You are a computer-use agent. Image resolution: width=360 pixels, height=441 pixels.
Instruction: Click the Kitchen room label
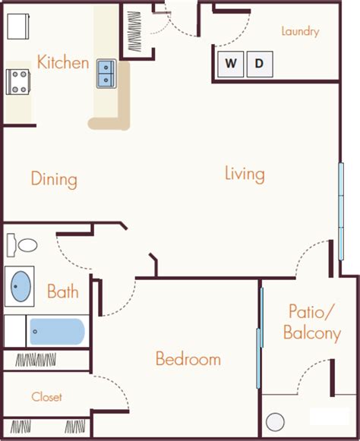(63, 62)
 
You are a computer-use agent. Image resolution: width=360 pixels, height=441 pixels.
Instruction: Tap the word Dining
(54, 179)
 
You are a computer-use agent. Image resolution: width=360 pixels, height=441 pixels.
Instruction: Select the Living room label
(245, 175)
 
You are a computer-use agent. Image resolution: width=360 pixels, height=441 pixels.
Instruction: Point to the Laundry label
(300, 32)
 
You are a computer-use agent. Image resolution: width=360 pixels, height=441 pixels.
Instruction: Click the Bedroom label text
(188, 359)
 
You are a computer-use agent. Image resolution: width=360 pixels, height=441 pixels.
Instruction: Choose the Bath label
(62, 291)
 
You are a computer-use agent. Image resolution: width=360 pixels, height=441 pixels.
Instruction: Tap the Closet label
(46, 397)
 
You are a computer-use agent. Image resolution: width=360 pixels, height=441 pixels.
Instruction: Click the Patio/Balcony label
(312, 323)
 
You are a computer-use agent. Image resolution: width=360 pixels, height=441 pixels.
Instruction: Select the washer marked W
(231, 64)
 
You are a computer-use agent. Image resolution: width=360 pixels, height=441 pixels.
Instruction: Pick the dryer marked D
(260, 64)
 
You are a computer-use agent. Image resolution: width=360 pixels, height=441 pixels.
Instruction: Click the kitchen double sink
(106, 74)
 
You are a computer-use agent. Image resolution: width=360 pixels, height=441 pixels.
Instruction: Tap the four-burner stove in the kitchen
(17, 82)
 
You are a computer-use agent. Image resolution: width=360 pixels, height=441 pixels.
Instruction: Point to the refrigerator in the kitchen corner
(18, 27)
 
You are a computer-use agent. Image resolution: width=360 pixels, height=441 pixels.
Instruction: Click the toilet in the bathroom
(22, 245)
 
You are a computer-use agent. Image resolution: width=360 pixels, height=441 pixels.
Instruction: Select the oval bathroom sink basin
(21, 286)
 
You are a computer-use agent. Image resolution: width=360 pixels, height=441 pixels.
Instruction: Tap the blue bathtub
(57, 332)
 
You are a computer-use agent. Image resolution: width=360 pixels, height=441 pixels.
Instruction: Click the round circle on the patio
(275, 422)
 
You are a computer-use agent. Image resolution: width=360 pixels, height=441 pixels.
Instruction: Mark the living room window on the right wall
(341, 211)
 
